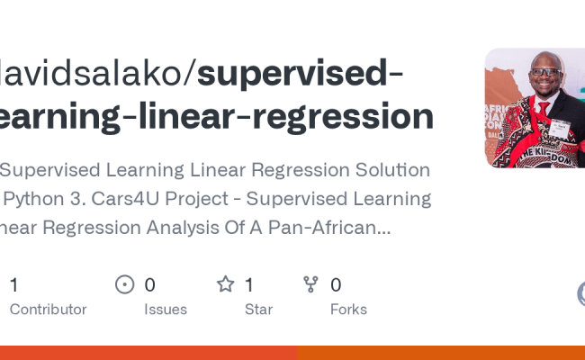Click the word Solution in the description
tap(385, 169)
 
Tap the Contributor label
tap(48, 310)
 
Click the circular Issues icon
tap(125, 285)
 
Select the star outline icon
tap(225, 285)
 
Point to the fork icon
tap(311, 285)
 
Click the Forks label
tap(348, 310)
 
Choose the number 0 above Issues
tap(149, 285)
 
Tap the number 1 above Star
tap(249, 285)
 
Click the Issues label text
tap(166, 310)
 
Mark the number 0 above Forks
tap(336, 285)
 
